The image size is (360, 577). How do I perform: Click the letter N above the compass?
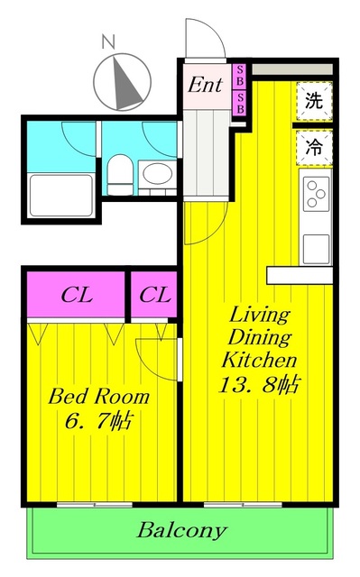coord(108,41)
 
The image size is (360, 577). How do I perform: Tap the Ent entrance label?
coord(205,87)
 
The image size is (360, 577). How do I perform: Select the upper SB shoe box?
coord(240,71)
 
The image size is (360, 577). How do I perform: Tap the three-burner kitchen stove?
coord(316,192)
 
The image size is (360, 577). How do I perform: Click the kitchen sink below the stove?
coord(316,246)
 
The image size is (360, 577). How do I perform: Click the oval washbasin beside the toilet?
coord(156,172)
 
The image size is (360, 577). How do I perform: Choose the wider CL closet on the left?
coord(75,295)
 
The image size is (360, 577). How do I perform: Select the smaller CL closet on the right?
coord(155,295)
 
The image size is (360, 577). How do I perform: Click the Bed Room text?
coord(99,397)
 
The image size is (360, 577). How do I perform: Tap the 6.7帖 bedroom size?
coord(98,421)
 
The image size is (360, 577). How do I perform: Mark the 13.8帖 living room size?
coord(259,384)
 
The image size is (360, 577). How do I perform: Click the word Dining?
coord(259,338)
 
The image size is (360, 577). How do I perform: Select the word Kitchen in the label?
coord(259,361)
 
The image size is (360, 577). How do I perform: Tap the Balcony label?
coord(181,530)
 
